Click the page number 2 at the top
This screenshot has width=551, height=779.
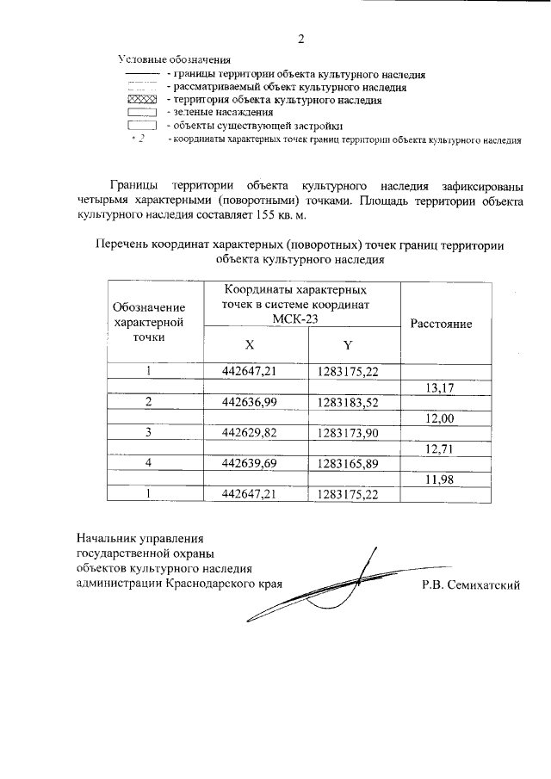click(301, 38)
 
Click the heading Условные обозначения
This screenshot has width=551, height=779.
click(175, 60)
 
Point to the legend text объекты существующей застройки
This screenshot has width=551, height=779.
click(243, 125)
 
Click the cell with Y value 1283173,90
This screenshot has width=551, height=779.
click(348, 433)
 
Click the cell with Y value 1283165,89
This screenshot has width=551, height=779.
click(348, 463)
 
